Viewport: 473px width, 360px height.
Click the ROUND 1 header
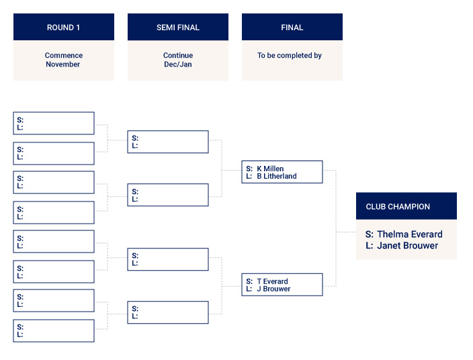tap(63, 28)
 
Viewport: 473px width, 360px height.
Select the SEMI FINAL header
tap(178, 28)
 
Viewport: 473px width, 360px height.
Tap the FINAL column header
tap(292, 28)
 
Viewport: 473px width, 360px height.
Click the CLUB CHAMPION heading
tap(398, 207)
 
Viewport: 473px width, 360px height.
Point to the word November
tap(63, 64)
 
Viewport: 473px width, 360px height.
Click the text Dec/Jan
tap(178, 64)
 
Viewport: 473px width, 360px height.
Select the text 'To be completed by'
tap(290, 56)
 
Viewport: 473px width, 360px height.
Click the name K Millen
tap(270, 169)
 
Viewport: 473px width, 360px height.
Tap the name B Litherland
tap(277, 176)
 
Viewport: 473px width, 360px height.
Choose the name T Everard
tap(272, 281)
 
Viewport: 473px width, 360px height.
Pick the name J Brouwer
tap(273, 289)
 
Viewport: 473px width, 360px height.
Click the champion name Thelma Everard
tap(410, 234)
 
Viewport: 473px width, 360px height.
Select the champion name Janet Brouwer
tap(408, 245)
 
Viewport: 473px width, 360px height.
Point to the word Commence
tap(64, 56)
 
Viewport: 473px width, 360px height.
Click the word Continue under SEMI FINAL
tap(178, 56)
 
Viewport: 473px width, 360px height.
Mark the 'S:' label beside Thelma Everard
tap(370, 234)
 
